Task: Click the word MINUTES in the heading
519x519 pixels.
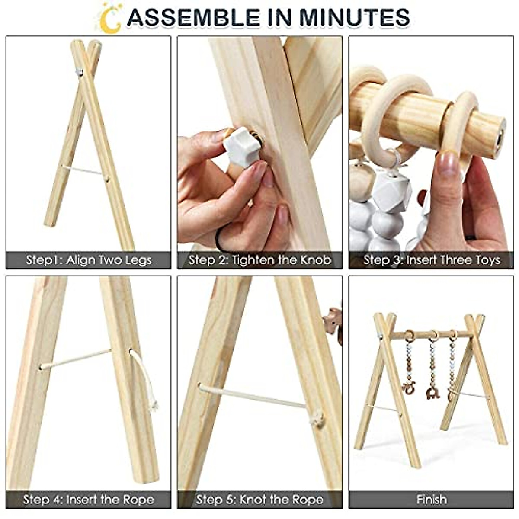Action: tap(354, 17)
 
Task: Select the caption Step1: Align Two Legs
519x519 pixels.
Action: tap(89, 260)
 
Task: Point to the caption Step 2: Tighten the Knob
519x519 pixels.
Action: tap(260, 260)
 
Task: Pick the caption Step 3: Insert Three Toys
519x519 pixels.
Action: tap(432, 260)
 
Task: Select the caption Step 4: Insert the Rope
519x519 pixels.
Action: tap(89, 500)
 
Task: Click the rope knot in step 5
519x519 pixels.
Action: tap(318, 418)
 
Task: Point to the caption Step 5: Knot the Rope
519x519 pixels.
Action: tap(260, 500)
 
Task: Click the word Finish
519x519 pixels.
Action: tap(432, 500)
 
